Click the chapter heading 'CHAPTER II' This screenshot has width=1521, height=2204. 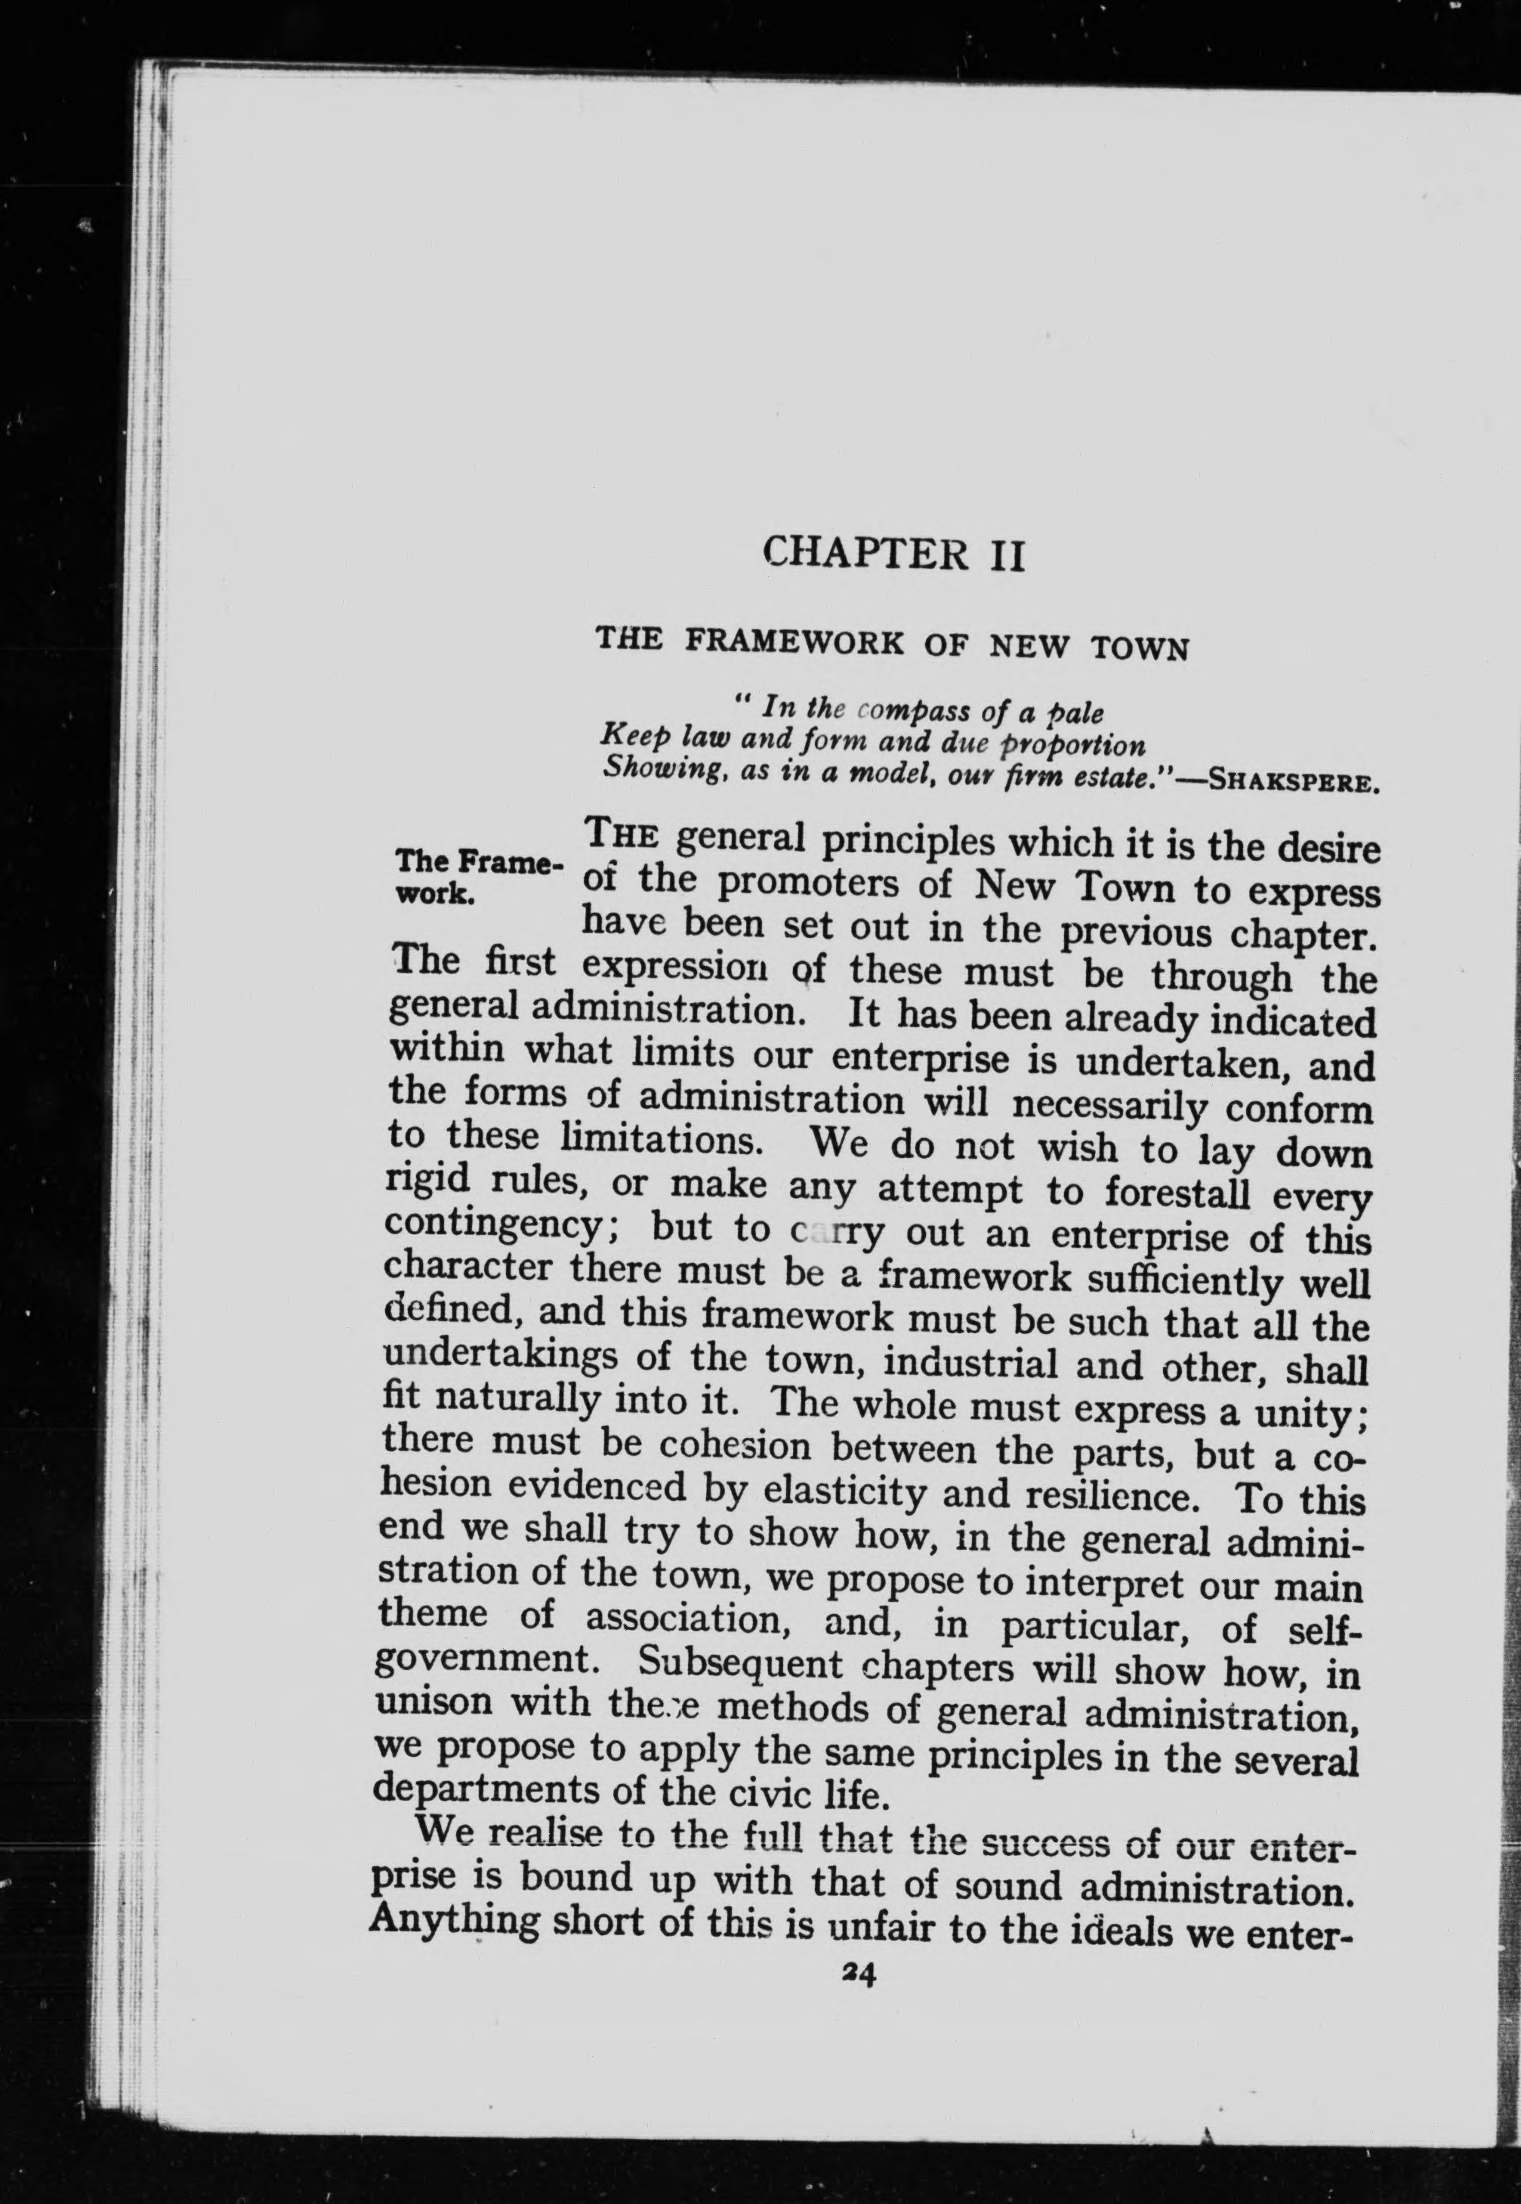pyautogui.click(x=894, y=554)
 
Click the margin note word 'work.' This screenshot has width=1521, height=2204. pyautogui.click(x=433, y=897)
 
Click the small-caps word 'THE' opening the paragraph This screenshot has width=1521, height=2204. pyautogui.click(x=621, y=835)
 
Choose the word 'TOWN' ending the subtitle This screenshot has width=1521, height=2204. pyautogui.click(x=1140, y=649)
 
